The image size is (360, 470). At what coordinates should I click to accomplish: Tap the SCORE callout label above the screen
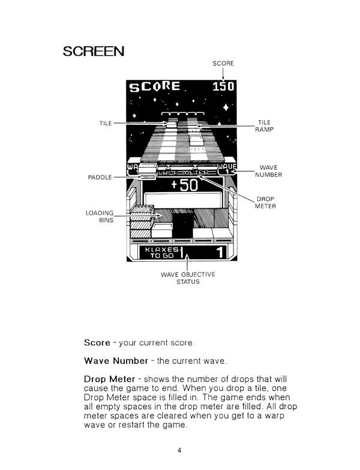point(223,63)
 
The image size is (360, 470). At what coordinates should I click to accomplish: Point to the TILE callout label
point(106,123)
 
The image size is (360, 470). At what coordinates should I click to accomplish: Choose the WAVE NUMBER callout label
point(268,171)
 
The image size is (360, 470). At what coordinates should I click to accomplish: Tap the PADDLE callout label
point(100,178)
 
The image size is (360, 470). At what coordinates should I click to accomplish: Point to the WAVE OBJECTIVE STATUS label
point(188,278)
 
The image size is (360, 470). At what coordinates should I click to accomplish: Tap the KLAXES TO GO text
point(160,252)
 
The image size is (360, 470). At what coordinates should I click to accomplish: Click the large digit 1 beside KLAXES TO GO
point(220,252)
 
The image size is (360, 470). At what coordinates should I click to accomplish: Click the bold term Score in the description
point(97,343)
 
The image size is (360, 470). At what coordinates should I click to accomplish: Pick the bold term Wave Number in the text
point(116,361)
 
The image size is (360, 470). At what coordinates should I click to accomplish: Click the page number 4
point(179,451)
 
